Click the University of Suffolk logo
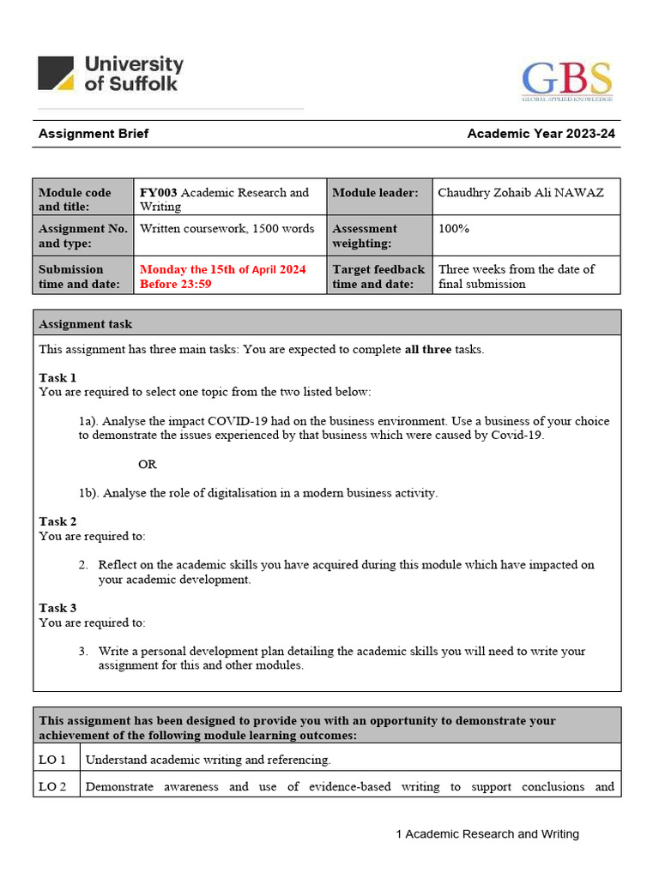(111, 74)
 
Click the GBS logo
(567, 81)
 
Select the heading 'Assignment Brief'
(94, 134)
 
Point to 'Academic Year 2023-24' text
(541, 134)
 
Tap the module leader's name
(520, 192)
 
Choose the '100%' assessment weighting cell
(453, 229)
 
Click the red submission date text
(222, 276)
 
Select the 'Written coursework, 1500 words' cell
(227, 229)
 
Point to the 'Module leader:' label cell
(375, 193)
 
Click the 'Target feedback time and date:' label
(378, 276)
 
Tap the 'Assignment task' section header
(86, 324)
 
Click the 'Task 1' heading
(57, 377)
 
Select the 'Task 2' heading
(57, 521)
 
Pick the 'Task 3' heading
(57, 608)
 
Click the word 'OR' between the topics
(148, 464)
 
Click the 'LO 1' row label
(53, 759)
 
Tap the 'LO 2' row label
(53, 786)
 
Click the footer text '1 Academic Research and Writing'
(487, 833)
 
